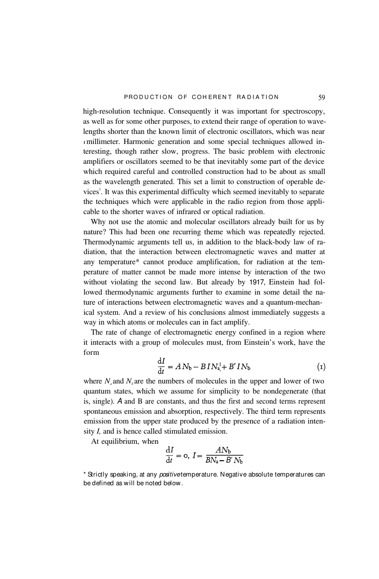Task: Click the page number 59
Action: [322, 97]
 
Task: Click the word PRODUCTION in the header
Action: [148, 97]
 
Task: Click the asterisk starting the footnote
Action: [85, 474]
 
